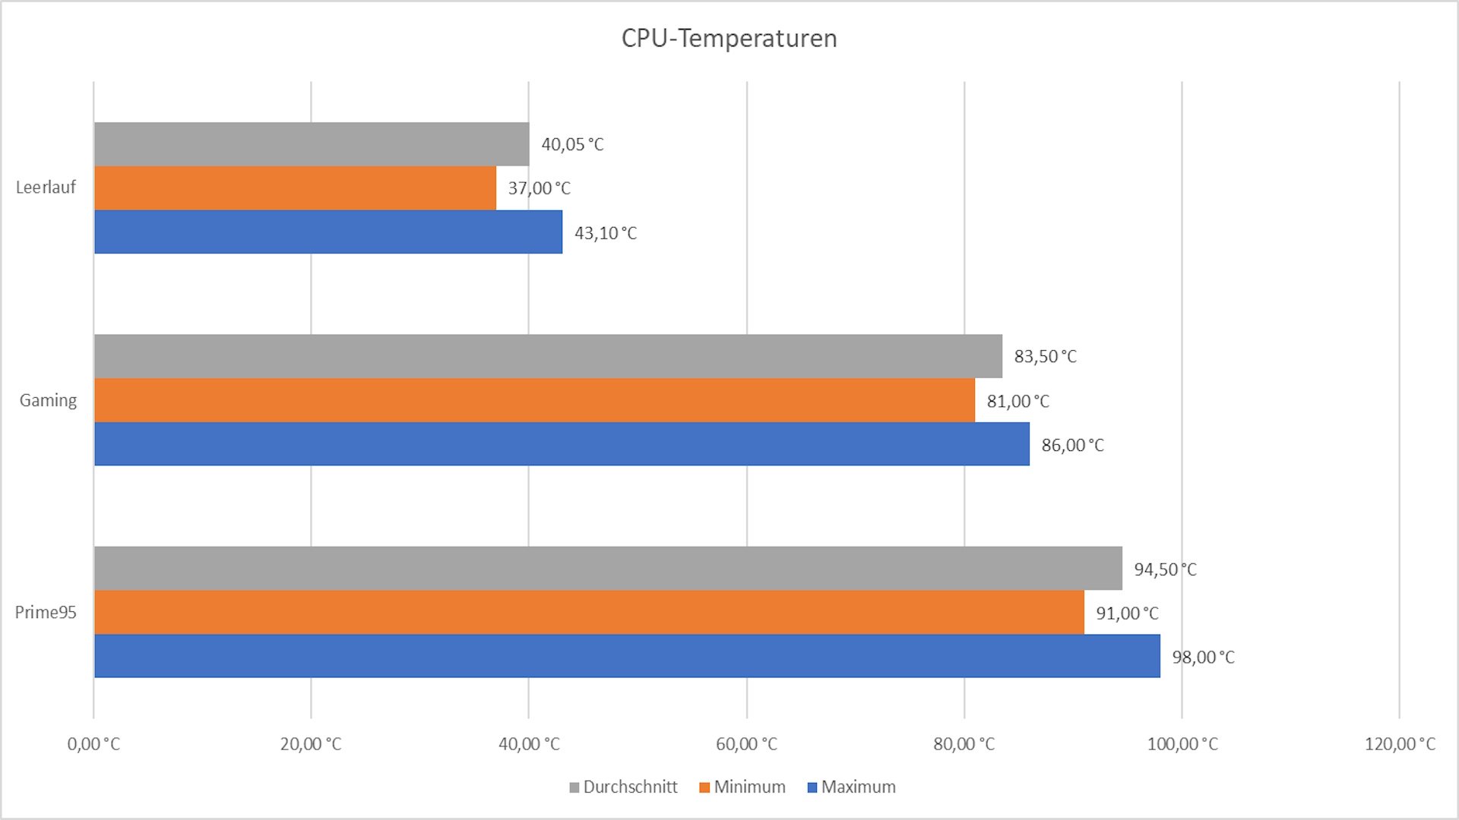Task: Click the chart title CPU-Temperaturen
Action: (x=729, y=38)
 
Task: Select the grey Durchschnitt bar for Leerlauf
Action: (x=312, y=144)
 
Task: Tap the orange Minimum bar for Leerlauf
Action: (x=295, y=188)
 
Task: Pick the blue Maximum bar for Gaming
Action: (x=562, y=444)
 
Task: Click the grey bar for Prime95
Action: (x=608, y=568)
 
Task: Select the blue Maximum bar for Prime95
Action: (x=627, y=656)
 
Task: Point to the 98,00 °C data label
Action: (x=1203, y=657)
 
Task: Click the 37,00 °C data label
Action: (x=539, y=188)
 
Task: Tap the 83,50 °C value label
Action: (x=1045, y=356)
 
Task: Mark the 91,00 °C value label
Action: (x=1127, y=613)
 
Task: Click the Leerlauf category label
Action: (x=46, y=188)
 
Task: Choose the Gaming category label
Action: (x=48, y=400)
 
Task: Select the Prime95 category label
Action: (x=46, y=612)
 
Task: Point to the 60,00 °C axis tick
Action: (x=746, y=744)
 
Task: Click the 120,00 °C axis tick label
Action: (x=1400, y=744)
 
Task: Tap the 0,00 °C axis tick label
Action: (x=93, y=744)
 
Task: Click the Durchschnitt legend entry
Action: (x=630, y=787)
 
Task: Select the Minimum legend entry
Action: (x=749, y=787)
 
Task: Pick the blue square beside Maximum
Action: (x=812, y=787)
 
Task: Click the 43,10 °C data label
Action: (x=605, y=233)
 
